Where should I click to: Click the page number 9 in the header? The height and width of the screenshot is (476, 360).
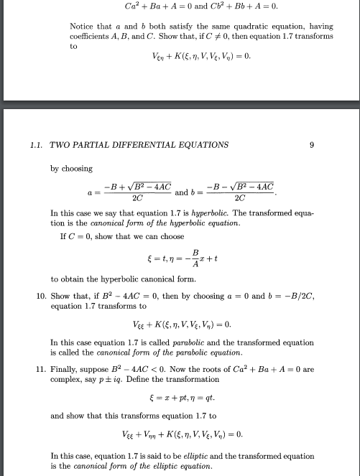(312, 144)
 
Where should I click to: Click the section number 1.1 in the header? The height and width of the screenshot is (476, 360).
(36, 144)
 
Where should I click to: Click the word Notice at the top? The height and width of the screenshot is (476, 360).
(83, 27)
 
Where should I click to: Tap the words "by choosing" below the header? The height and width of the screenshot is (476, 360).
(71, 168)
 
